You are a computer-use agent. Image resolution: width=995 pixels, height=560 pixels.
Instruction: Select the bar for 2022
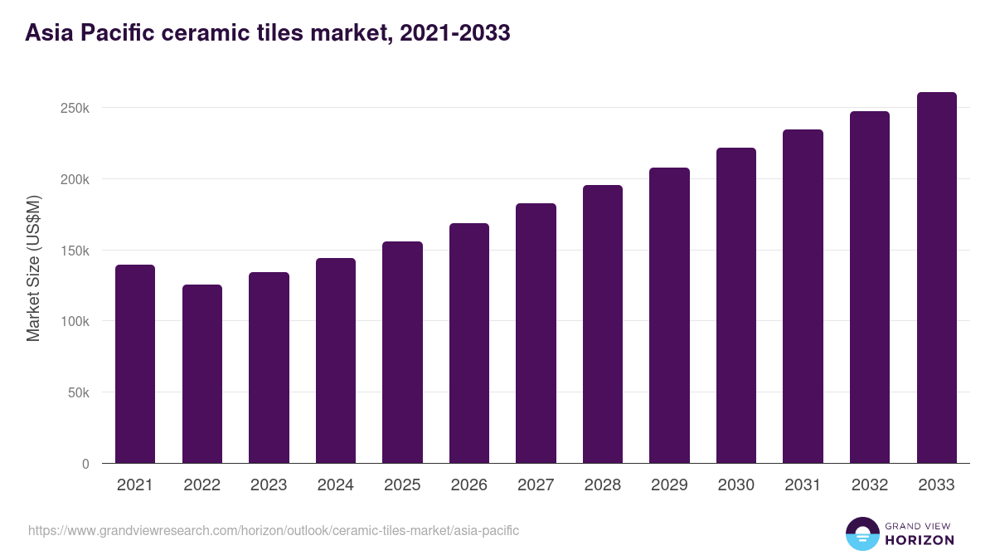pos(202,373)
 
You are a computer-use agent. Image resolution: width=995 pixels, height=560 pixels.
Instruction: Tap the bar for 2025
pos(402,352)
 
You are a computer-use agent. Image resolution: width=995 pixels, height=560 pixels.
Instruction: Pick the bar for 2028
pos(603,324)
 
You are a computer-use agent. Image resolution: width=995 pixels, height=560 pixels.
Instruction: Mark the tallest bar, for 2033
pos(936,277)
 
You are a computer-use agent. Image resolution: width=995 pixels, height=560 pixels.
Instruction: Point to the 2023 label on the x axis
pos(269,485)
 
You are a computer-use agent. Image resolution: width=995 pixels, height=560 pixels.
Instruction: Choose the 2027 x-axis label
pos(536,485)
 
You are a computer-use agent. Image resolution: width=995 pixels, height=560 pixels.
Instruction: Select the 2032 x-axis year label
pos(870,485)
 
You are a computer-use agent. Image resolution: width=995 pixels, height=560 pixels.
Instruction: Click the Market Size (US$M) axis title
pos(33,268)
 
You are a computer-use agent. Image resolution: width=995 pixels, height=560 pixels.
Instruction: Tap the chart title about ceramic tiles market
pos(267,33)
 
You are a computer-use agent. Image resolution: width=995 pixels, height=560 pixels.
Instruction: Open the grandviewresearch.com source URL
pos(274,530)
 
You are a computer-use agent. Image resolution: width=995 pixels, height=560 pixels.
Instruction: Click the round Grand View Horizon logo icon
pos(862,533)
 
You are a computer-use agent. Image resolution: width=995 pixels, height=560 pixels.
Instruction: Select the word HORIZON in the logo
pos(920,540)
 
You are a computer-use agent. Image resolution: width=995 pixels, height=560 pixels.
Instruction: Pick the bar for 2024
pos(336,360)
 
